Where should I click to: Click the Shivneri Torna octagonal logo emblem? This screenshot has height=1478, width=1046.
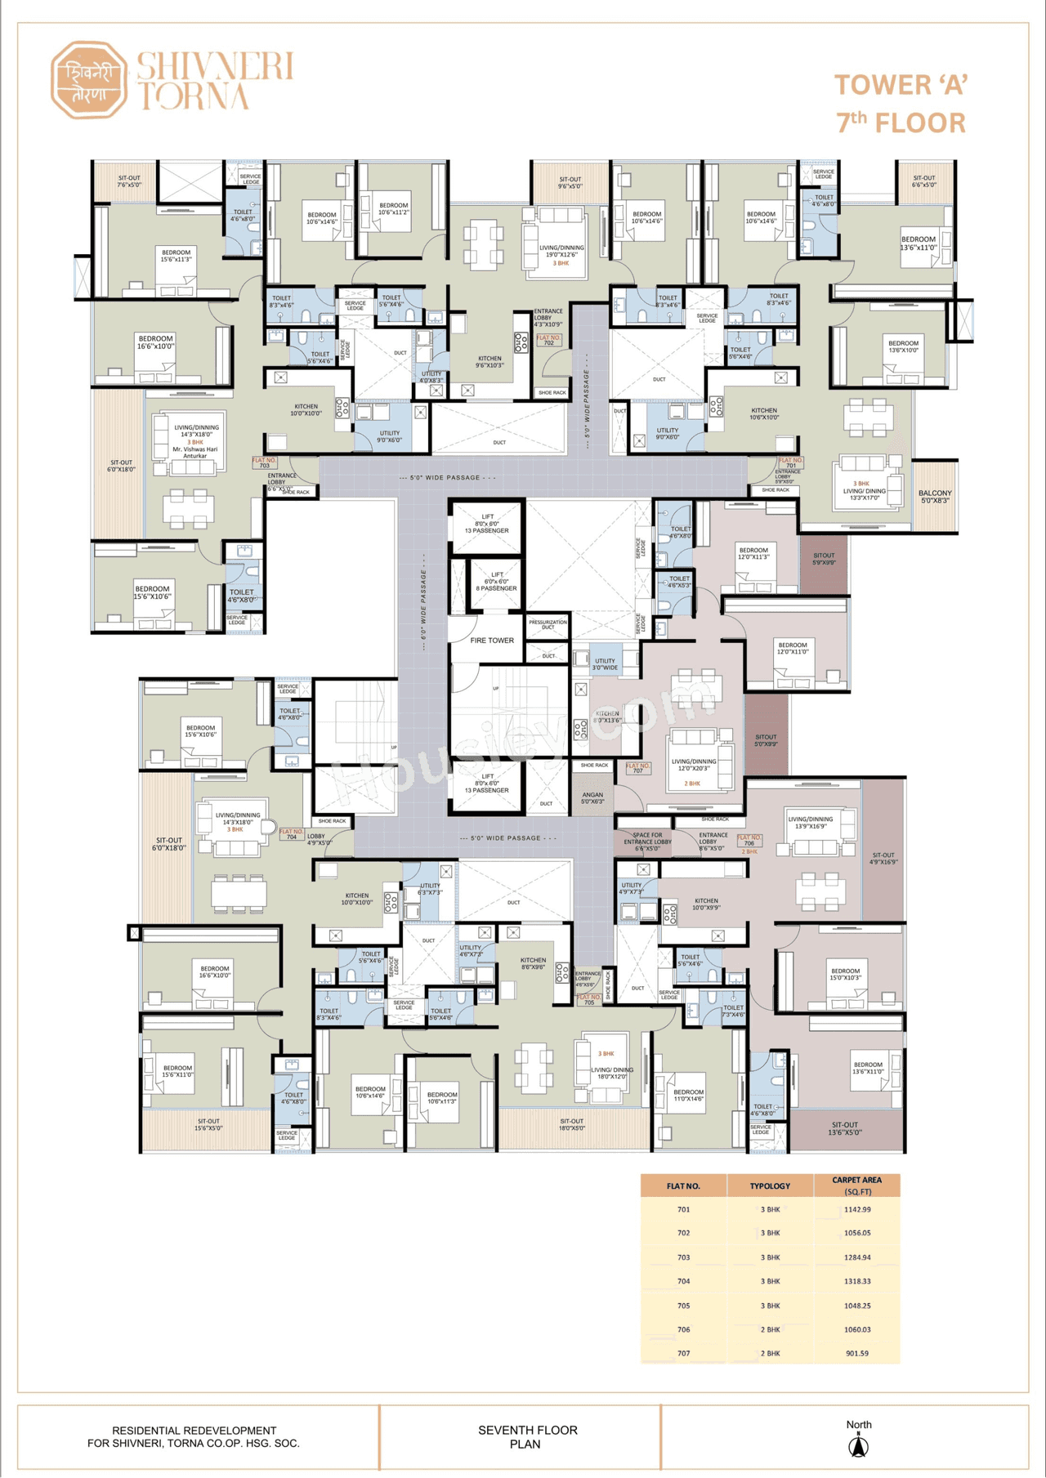pos(88,79)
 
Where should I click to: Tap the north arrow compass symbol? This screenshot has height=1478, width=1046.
pos(858,1447)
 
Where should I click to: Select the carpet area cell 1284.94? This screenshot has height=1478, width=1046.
pos(857,1257)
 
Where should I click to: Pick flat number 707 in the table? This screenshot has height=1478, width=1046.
pos(683,1353)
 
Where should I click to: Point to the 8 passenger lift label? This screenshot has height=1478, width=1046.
pos(497,581)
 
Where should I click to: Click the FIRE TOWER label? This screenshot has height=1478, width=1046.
pos(492,641)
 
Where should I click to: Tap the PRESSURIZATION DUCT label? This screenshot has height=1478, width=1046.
pos(548,624)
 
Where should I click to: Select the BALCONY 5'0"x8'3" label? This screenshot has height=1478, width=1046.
pos(935,497)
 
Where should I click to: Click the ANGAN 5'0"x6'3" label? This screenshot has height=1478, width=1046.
pos(592,797)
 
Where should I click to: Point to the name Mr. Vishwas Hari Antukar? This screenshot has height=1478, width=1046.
pos(195,453)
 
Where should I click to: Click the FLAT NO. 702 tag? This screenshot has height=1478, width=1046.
pos(549,340)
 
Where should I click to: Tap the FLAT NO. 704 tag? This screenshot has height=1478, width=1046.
pos(292,834)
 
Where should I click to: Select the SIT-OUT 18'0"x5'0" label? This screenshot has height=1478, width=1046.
pos(571,1124)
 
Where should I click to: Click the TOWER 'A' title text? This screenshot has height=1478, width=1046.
pos(901,85)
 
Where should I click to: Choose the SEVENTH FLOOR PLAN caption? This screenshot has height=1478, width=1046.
pos(527,1436)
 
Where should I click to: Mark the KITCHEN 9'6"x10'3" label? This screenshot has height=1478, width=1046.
pos(489,361)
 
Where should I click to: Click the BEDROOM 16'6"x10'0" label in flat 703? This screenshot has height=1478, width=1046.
pos(155,342)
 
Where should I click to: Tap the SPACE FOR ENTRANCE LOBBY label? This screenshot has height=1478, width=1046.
pos(647,842)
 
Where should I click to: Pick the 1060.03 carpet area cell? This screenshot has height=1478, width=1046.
pos(857,1329)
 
